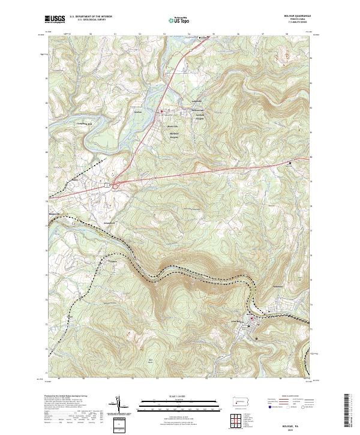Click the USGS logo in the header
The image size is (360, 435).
(x=55, y=20)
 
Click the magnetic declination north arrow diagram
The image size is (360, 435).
(x=122, y=405)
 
